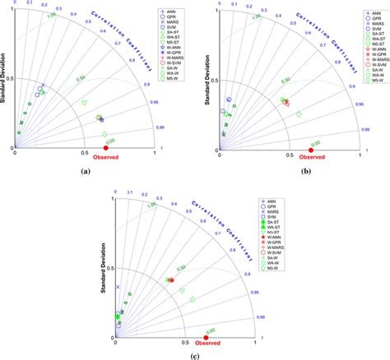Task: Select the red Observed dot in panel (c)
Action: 206,337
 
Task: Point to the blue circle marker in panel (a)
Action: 40,89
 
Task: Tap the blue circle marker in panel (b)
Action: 230,100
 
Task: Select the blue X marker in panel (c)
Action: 118,287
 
